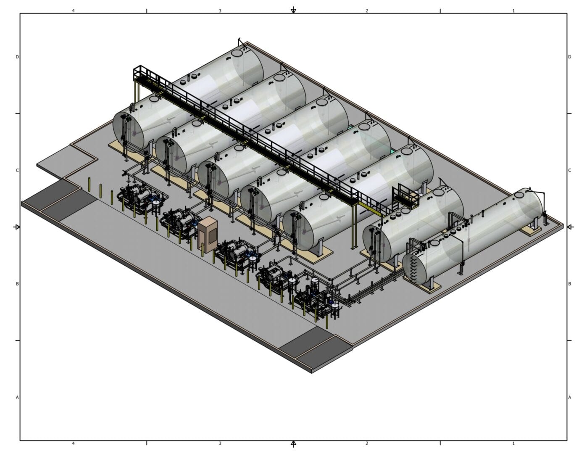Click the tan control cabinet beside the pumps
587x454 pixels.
pos(208,235)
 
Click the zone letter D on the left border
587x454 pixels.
pos(17,57)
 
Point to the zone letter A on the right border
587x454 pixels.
pos(570,397)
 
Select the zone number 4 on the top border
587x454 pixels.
pos(73,11)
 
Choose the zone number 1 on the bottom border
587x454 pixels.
pos(513,443)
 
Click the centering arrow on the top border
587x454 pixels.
pos(293,10)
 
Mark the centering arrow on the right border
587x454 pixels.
pos(570,227)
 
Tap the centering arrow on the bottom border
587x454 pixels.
pos(293,443)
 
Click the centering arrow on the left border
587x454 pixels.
pos(17,227)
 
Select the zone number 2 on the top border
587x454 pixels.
pos(366,11)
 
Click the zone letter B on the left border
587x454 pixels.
pos(17,284)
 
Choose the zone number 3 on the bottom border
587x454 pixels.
pos(220,443)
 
